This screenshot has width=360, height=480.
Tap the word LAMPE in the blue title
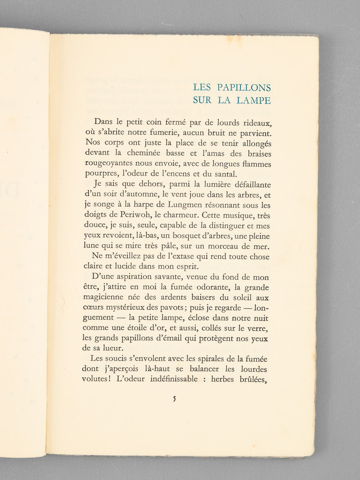pyautogui.click(x=253, y=100)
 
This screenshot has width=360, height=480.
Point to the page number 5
pyautogui.click(x=174, y=399)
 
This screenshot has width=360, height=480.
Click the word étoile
pyautogui.click(x=134, y=328)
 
